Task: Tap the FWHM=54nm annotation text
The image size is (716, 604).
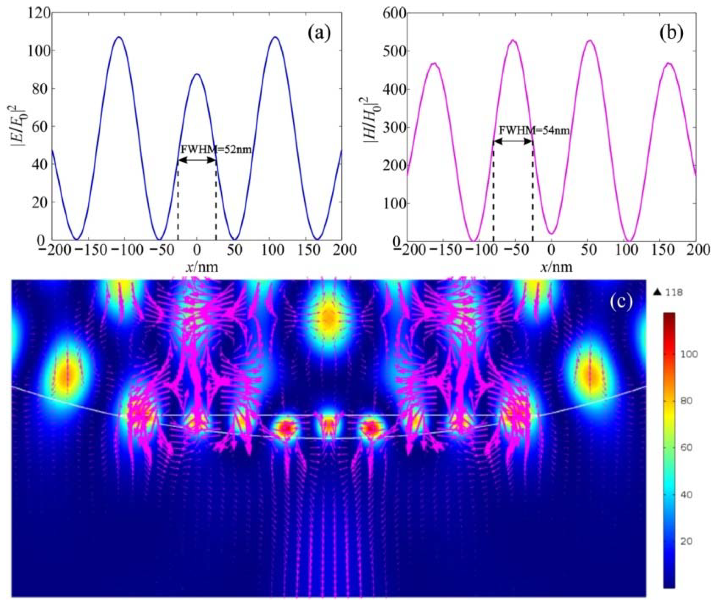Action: [534, 131]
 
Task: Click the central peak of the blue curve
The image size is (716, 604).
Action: [197, 74]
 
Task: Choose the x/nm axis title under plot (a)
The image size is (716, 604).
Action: [202, 267]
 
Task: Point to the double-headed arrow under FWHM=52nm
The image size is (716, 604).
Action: [197, 160]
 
